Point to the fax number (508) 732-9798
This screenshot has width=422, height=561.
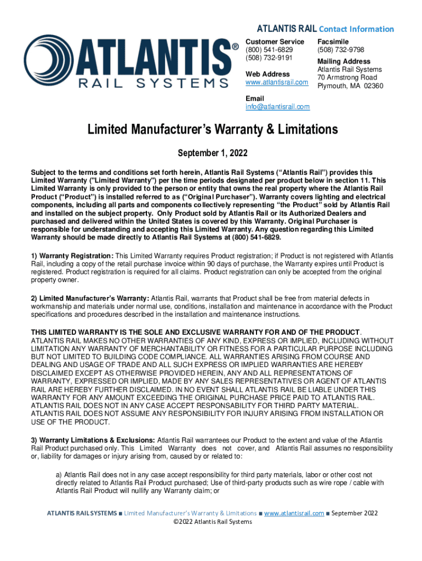[340, 50]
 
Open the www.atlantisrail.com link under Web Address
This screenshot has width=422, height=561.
[277, 82]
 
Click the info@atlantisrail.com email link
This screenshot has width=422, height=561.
[277, 107]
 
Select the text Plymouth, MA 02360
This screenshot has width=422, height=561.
[350, 86]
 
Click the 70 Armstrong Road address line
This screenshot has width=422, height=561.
[347, 78]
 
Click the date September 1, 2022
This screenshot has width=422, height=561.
[210, 152]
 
